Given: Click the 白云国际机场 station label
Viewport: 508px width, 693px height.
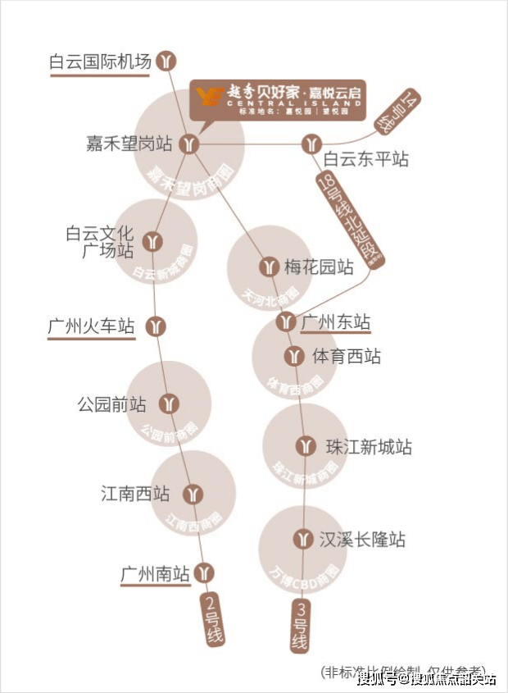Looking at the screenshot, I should click(x=100, y=62).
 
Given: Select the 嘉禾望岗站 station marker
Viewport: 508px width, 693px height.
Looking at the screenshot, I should click(x=190, y=144).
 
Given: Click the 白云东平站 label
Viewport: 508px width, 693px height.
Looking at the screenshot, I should click(x=365, y=159).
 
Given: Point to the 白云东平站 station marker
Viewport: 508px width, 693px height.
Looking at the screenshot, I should click(x=310, y=145).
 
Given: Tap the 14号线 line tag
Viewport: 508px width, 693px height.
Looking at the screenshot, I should click(x=398, y=111).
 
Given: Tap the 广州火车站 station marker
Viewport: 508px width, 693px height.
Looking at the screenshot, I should click(x=156, y=326).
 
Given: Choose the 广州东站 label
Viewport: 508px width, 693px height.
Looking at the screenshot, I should click(x=336, y=321).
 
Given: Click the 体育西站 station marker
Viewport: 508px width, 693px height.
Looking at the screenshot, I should click(x=294, y=357).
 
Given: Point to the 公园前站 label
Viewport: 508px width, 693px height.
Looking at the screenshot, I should click(x=111, y=404).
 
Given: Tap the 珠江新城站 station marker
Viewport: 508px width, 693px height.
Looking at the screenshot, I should click(x=306, y=447).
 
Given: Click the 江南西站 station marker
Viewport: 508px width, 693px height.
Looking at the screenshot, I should click(x=193, y=495).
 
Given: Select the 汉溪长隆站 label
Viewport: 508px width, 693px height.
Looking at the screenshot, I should click(x=362, y=540).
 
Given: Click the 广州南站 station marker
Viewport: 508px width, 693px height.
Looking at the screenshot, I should click(x=206, y=572).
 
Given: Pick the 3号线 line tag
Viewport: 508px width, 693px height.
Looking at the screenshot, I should click(x=300, y=626).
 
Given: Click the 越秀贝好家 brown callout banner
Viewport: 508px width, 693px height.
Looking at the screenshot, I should click(x=278, y=99).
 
